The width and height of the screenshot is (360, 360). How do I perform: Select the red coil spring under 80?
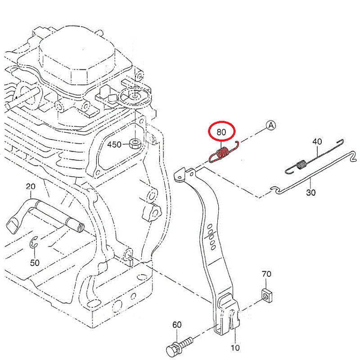pyautogui.click(x=221, y=153)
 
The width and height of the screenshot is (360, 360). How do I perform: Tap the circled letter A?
pyautogui.click(x=271, y=126)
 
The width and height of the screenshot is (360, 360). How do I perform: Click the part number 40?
pyautogui.click(x=317, y=141)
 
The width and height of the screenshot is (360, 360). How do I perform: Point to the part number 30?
pyautogui.click(x=311, y=193)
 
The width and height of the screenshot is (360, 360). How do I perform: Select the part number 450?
pyautogui.click(x=114, y=144)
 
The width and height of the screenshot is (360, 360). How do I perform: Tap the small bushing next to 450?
pyautogui.click(x=134, y=144)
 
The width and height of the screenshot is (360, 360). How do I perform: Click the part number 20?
pyautogui.click(x=31, y=186)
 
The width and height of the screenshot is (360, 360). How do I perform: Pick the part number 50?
pyautogui.click(x=35, y=262)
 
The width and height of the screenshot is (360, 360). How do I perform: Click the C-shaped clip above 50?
pyautogui.click(x=34, y=244)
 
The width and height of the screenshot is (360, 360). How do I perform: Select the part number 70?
pyautogui.click(x=266, y=273)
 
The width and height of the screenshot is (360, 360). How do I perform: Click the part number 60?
pyautogui.click(x=177, y=325)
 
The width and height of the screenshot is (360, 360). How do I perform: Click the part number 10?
pyautogui.click(x=235, y=347)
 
